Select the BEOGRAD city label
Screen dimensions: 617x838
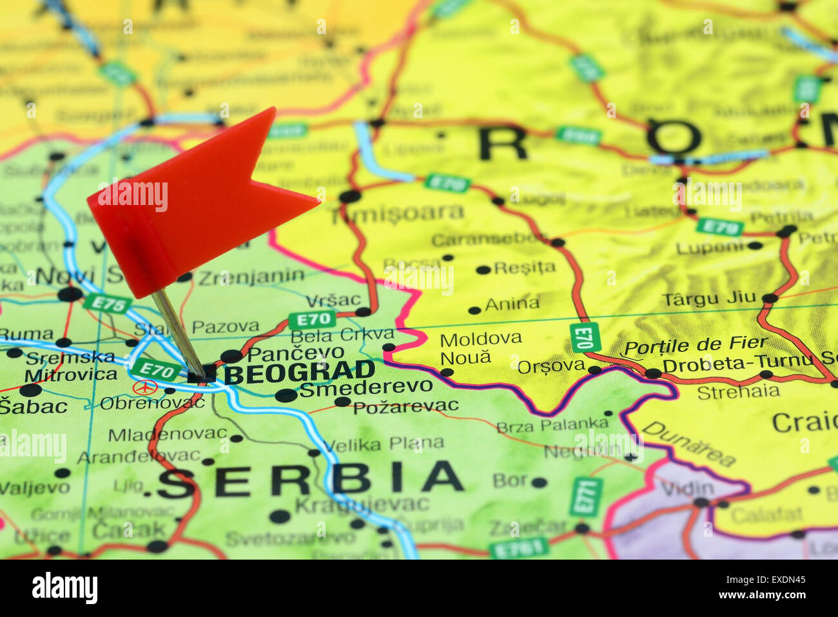coord(299,372)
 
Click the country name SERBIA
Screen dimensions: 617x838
coord(310,481)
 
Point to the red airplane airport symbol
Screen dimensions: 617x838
coord(146,387)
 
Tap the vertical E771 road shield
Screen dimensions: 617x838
coord(586,497)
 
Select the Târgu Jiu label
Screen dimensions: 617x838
coord(709,298)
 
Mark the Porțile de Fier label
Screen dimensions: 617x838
coord(696,345)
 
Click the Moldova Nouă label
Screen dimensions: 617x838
coord(480,348)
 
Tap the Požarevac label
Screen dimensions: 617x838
coord(405,406)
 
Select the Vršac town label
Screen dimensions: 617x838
coord(333,300)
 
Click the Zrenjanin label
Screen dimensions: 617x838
coord(251,277)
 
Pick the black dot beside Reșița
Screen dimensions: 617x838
coord(482,270)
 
